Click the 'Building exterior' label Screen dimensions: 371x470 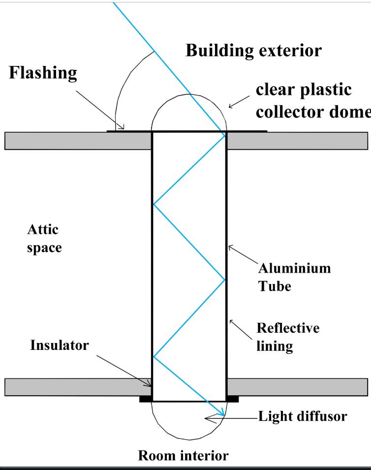253,51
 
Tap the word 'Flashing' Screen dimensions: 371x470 43,73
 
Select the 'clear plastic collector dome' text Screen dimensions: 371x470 313,101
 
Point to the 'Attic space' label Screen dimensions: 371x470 44,239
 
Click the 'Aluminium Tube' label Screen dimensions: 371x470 294,277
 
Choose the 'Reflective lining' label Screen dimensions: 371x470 288,337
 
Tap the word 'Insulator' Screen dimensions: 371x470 60,345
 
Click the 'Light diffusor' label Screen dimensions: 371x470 303,417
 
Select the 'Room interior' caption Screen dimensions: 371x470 183,456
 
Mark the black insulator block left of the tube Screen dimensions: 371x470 146,399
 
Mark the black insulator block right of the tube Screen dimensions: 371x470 233,399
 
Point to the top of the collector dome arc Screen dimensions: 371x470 189,94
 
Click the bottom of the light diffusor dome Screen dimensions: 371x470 189,439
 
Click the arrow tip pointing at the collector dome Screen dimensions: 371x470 229,107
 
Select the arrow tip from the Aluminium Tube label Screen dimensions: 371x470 229,246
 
